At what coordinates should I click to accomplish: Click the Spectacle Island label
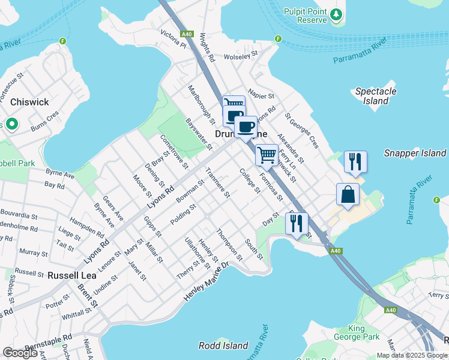pos(376,96)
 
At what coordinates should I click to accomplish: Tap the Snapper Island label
pos(415,153)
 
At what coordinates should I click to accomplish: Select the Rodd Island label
pos(223,346)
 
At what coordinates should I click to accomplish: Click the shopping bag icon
pos(348,194)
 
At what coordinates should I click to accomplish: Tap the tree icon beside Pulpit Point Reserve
pos(337,14)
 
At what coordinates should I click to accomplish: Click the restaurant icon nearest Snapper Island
pos(355,161)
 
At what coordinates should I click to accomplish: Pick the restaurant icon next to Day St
pos(297,224)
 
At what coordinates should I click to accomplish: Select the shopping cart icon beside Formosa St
pos(267,155)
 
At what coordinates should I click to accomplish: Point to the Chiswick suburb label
pos(29,102)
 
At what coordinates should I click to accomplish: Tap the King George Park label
pos(365,334)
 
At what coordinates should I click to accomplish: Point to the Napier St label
pos(261,95)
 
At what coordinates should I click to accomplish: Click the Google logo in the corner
pos(20,353)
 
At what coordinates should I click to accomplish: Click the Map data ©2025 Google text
pos(411,355)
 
